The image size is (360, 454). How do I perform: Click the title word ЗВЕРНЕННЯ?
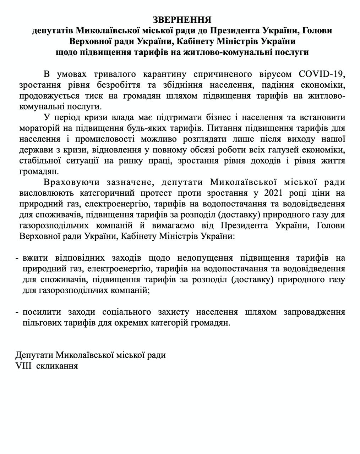point(182,19)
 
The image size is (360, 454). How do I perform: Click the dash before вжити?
point(17,258)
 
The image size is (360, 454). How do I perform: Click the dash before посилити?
point(17,312)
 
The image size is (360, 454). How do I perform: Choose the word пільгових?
point(41,323)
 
